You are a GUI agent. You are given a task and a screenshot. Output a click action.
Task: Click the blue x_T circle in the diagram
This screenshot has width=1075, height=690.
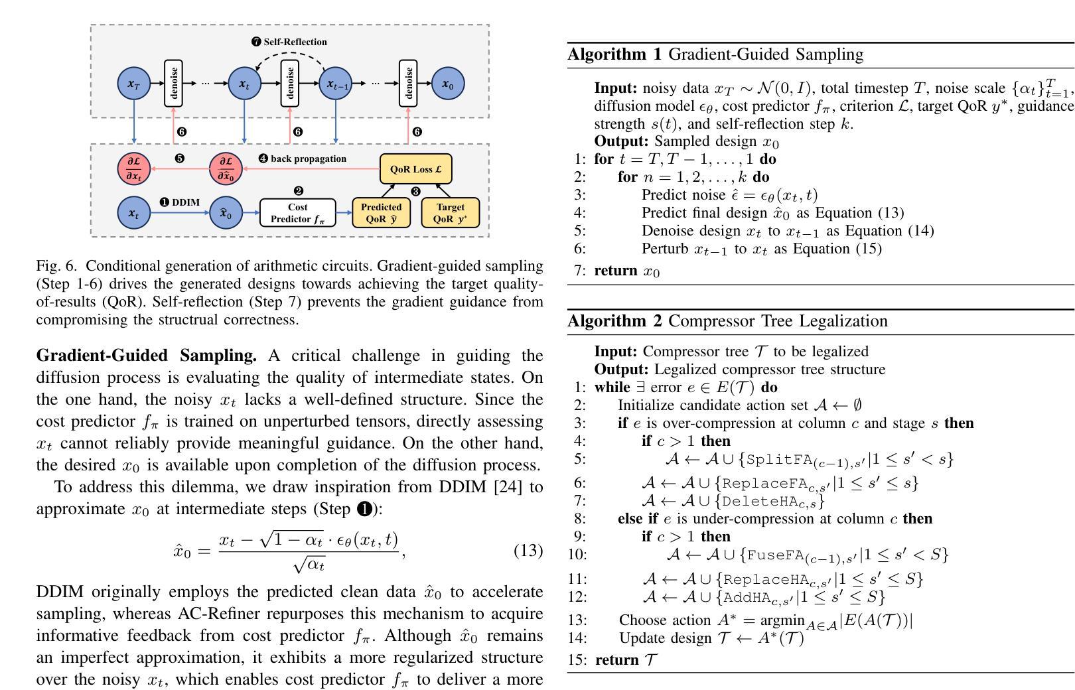[x=134, y=84]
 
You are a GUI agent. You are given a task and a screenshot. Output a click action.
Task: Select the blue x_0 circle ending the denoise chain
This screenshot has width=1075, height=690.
[x=448, y=84]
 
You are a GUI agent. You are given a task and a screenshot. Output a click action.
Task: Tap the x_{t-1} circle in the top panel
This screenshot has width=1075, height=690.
[x=336, y=84]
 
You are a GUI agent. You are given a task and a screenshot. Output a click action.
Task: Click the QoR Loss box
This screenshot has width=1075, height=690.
[x=415, y=169]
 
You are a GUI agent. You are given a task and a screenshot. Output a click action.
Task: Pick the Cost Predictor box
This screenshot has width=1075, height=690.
[x=297, y=212]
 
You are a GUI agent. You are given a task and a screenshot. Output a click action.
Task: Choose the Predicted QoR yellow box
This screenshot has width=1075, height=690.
[x=381, y=212]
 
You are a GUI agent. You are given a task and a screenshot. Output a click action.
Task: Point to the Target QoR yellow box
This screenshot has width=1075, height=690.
[x=450, y=212]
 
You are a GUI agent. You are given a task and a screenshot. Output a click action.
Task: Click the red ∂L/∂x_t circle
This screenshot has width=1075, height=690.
[x=134, y=169]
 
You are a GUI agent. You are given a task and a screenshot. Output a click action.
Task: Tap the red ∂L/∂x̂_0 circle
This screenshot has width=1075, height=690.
[x=226, y=169]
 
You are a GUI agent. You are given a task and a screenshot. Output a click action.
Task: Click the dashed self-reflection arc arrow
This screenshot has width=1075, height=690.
[x=291, y=53]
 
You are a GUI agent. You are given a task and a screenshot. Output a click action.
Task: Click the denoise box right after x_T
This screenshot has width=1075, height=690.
[x=173, y=83]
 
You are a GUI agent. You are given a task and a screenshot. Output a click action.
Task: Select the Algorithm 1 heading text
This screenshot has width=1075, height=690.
[x=715, y=54]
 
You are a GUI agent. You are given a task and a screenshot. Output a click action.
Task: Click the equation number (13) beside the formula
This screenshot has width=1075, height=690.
[x=528, y=550]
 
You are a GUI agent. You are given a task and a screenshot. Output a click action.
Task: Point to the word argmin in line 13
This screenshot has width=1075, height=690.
[x=782, y=621]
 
